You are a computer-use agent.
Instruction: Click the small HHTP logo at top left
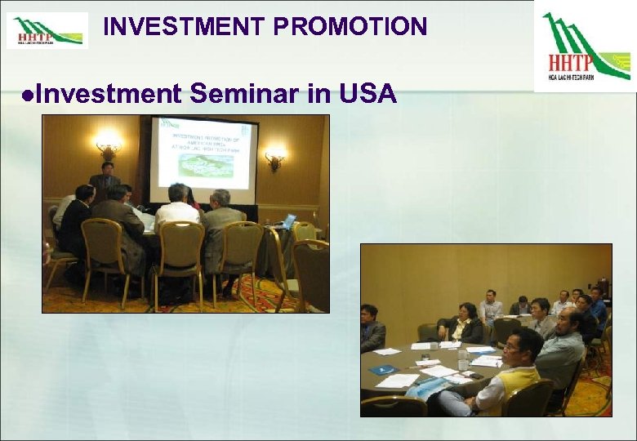[x=47, y=30]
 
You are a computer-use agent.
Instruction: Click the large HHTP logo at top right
[x=585, y=46]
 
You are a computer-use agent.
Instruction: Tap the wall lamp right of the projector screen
[x=275, y=155]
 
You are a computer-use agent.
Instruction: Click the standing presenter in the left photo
[x=104, y=186]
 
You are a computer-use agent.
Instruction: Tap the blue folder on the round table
[x=382, y=369]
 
